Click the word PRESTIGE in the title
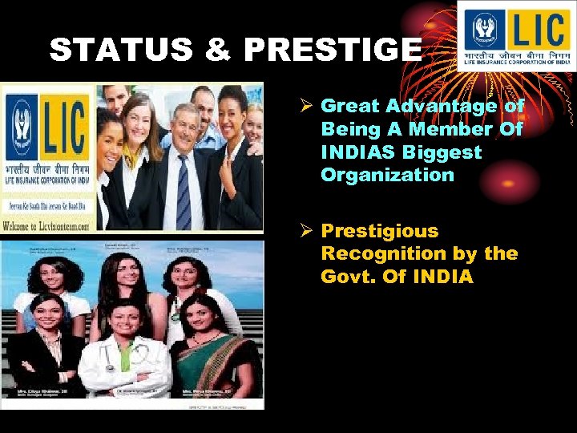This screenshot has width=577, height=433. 333,50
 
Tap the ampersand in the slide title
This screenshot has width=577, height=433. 218,50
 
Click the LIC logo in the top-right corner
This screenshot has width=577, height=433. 515,35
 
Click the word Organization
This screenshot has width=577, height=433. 387,175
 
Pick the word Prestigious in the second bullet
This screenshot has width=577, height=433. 380,231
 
